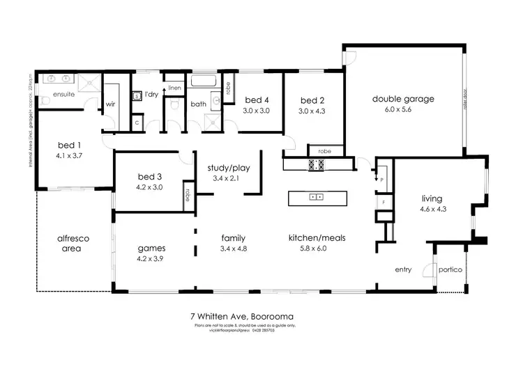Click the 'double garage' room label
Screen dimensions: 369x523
click(x=403, y=99)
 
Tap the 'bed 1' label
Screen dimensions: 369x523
click(x=70, y=146)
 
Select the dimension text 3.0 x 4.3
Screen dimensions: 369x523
click(x=312, y=111)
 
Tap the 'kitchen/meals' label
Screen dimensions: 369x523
click(x=317, y=238)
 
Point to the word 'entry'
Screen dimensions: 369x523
click(x=403, y=270)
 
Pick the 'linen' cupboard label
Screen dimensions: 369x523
click(x=175, y=88)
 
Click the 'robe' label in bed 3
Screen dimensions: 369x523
click(x=188, y=193)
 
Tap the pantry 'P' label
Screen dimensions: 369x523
click(x=381, y=179)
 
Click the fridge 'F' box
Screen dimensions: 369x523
click(x=381, y=203)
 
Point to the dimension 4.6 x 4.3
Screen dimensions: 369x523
click(x=432, y=210)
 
